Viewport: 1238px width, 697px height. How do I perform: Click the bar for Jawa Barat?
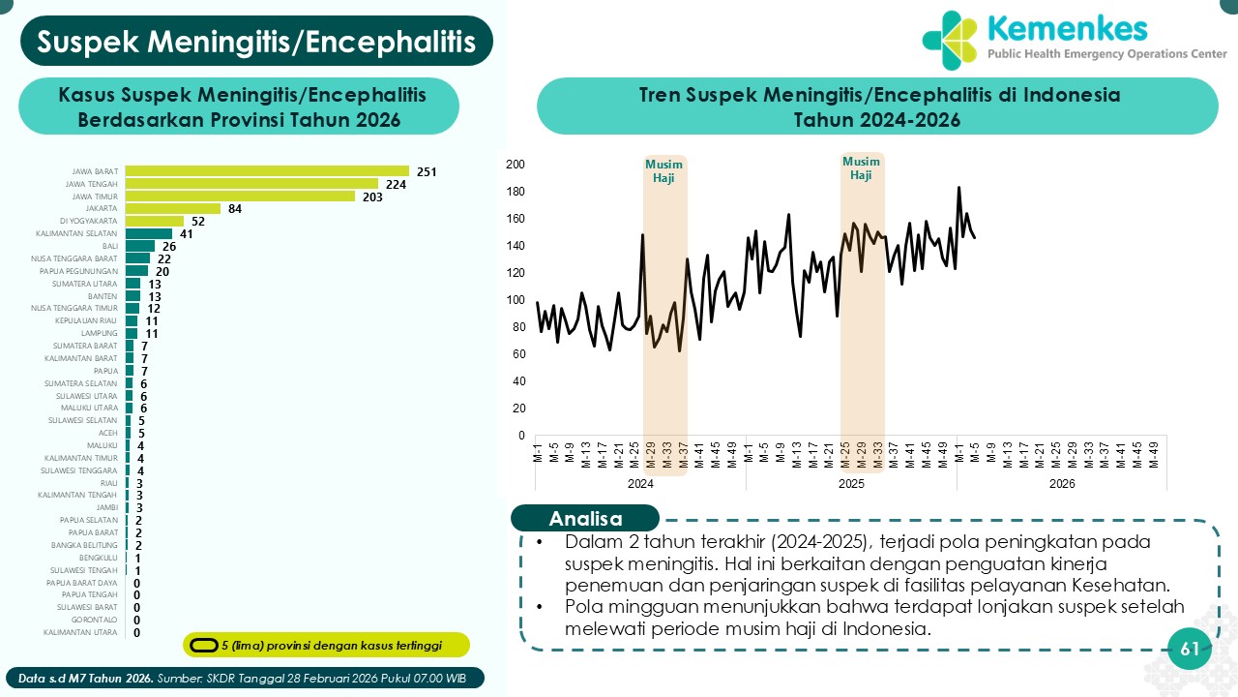pyautogui.click(x=267, y=171)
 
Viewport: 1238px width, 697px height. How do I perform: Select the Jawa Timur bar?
pyautogui.click(x=240, y=197)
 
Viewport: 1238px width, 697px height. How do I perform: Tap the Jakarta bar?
pyautogui.click(x=173, y=208)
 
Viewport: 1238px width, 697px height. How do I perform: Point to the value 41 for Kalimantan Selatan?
pyautogui.click(x=187, y=233)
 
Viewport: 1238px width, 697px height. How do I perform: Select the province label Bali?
pyautogui.click(x=109, y=246)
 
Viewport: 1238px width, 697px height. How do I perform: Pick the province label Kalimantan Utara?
pyautogui.click(x=81, y=632)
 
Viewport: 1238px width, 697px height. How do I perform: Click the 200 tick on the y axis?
pyautogui.click(x=515, y=165)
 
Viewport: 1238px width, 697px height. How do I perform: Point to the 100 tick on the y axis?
pyautogui.click(x=515, y=300)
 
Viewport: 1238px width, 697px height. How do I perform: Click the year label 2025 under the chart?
pyautogui.click(x=851, y=484)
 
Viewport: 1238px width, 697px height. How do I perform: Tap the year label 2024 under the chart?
pyautogui.click(x=640, y=484)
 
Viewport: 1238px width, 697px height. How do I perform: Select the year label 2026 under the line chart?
pyautogui.click(x=1062, y=484)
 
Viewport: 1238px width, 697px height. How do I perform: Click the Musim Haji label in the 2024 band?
pyautogui.click(x=663, y=171)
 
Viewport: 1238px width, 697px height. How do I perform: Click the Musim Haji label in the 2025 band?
pyautogui.click(x=861, y=168)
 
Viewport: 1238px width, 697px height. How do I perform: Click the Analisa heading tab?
pyautogui.click(x=585, y=518)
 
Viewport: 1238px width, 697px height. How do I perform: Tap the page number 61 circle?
pyautogui.click(x=1191, y=650)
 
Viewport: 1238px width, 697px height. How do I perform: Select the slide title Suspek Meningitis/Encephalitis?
pyautogui.click(x=256, y=41)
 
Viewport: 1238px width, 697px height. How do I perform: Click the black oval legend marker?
pyautogui.click(x=204, y=645)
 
